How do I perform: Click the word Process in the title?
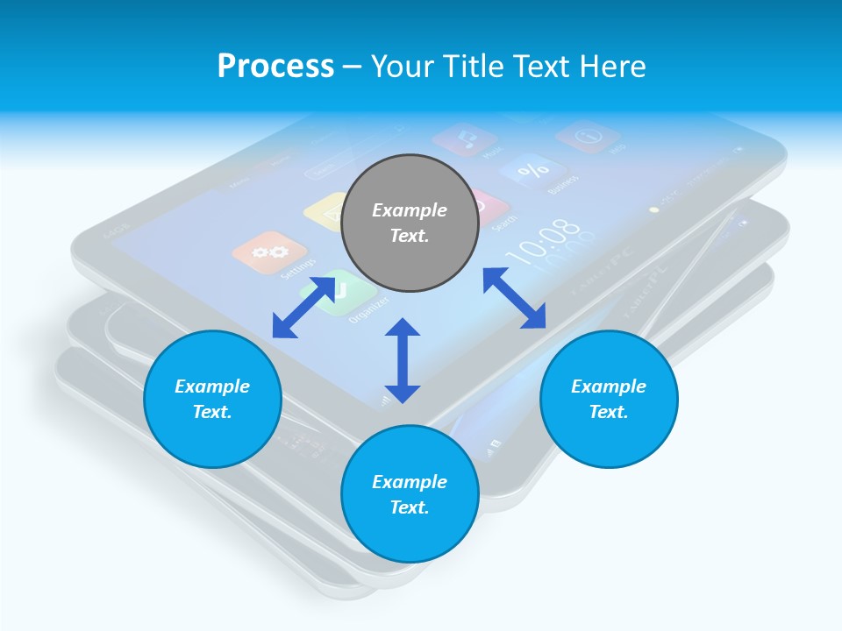(275, 67)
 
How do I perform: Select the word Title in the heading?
(474, 67)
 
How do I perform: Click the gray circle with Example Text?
(410, 223)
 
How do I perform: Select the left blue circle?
(212, 399)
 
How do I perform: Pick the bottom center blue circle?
(410, 494)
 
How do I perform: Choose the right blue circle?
(609, 399)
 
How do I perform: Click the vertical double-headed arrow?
(403, 360)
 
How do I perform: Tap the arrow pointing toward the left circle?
(303, 307)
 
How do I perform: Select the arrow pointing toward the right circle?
(514, 298)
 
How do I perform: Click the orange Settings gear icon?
(268, 252)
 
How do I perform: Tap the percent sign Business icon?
(532, 170)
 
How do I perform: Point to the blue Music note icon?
(465, 138)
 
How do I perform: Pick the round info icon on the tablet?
(588, 137)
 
